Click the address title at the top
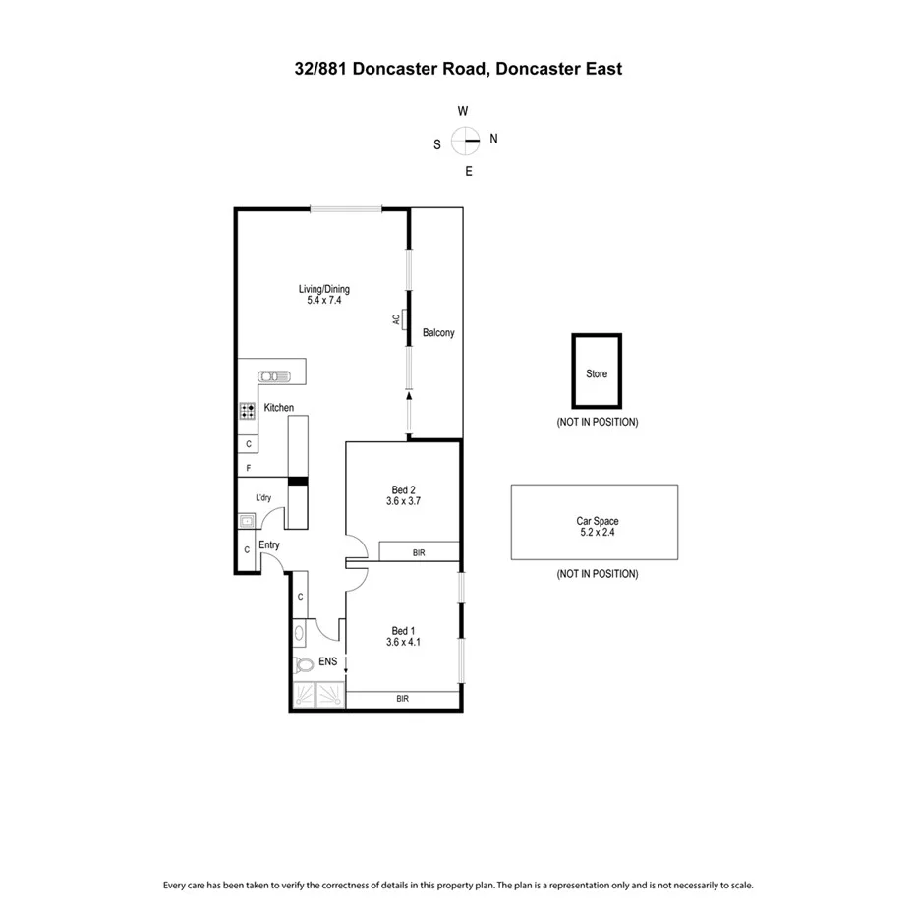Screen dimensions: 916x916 [x=458, y=69]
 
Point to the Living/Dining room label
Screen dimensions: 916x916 [x=323, y=289]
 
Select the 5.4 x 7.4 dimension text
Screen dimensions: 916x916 [x=323, y=302]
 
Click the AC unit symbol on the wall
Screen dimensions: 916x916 [x=404, y=319]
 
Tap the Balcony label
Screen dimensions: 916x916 [x=438, y=333]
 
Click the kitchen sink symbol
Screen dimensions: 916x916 [x=273, y=375]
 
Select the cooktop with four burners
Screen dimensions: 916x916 [x=248, y=411]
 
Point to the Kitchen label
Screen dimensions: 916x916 [x=278, y=408]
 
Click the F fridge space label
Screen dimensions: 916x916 [x=249, y=468]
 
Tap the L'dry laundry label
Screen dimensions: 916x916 [x=263, y=498]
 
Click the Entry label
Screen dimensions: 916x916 [x=269, y=544]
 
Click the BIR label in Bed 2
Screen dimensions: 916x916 [x=419, y=553]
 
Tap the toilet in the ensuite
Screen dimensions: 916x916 [x=304, y=665]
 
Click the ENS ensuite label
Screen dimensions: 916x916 [x=327, y=662]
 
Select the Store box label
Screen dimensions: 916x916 [x=597, y=373]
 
